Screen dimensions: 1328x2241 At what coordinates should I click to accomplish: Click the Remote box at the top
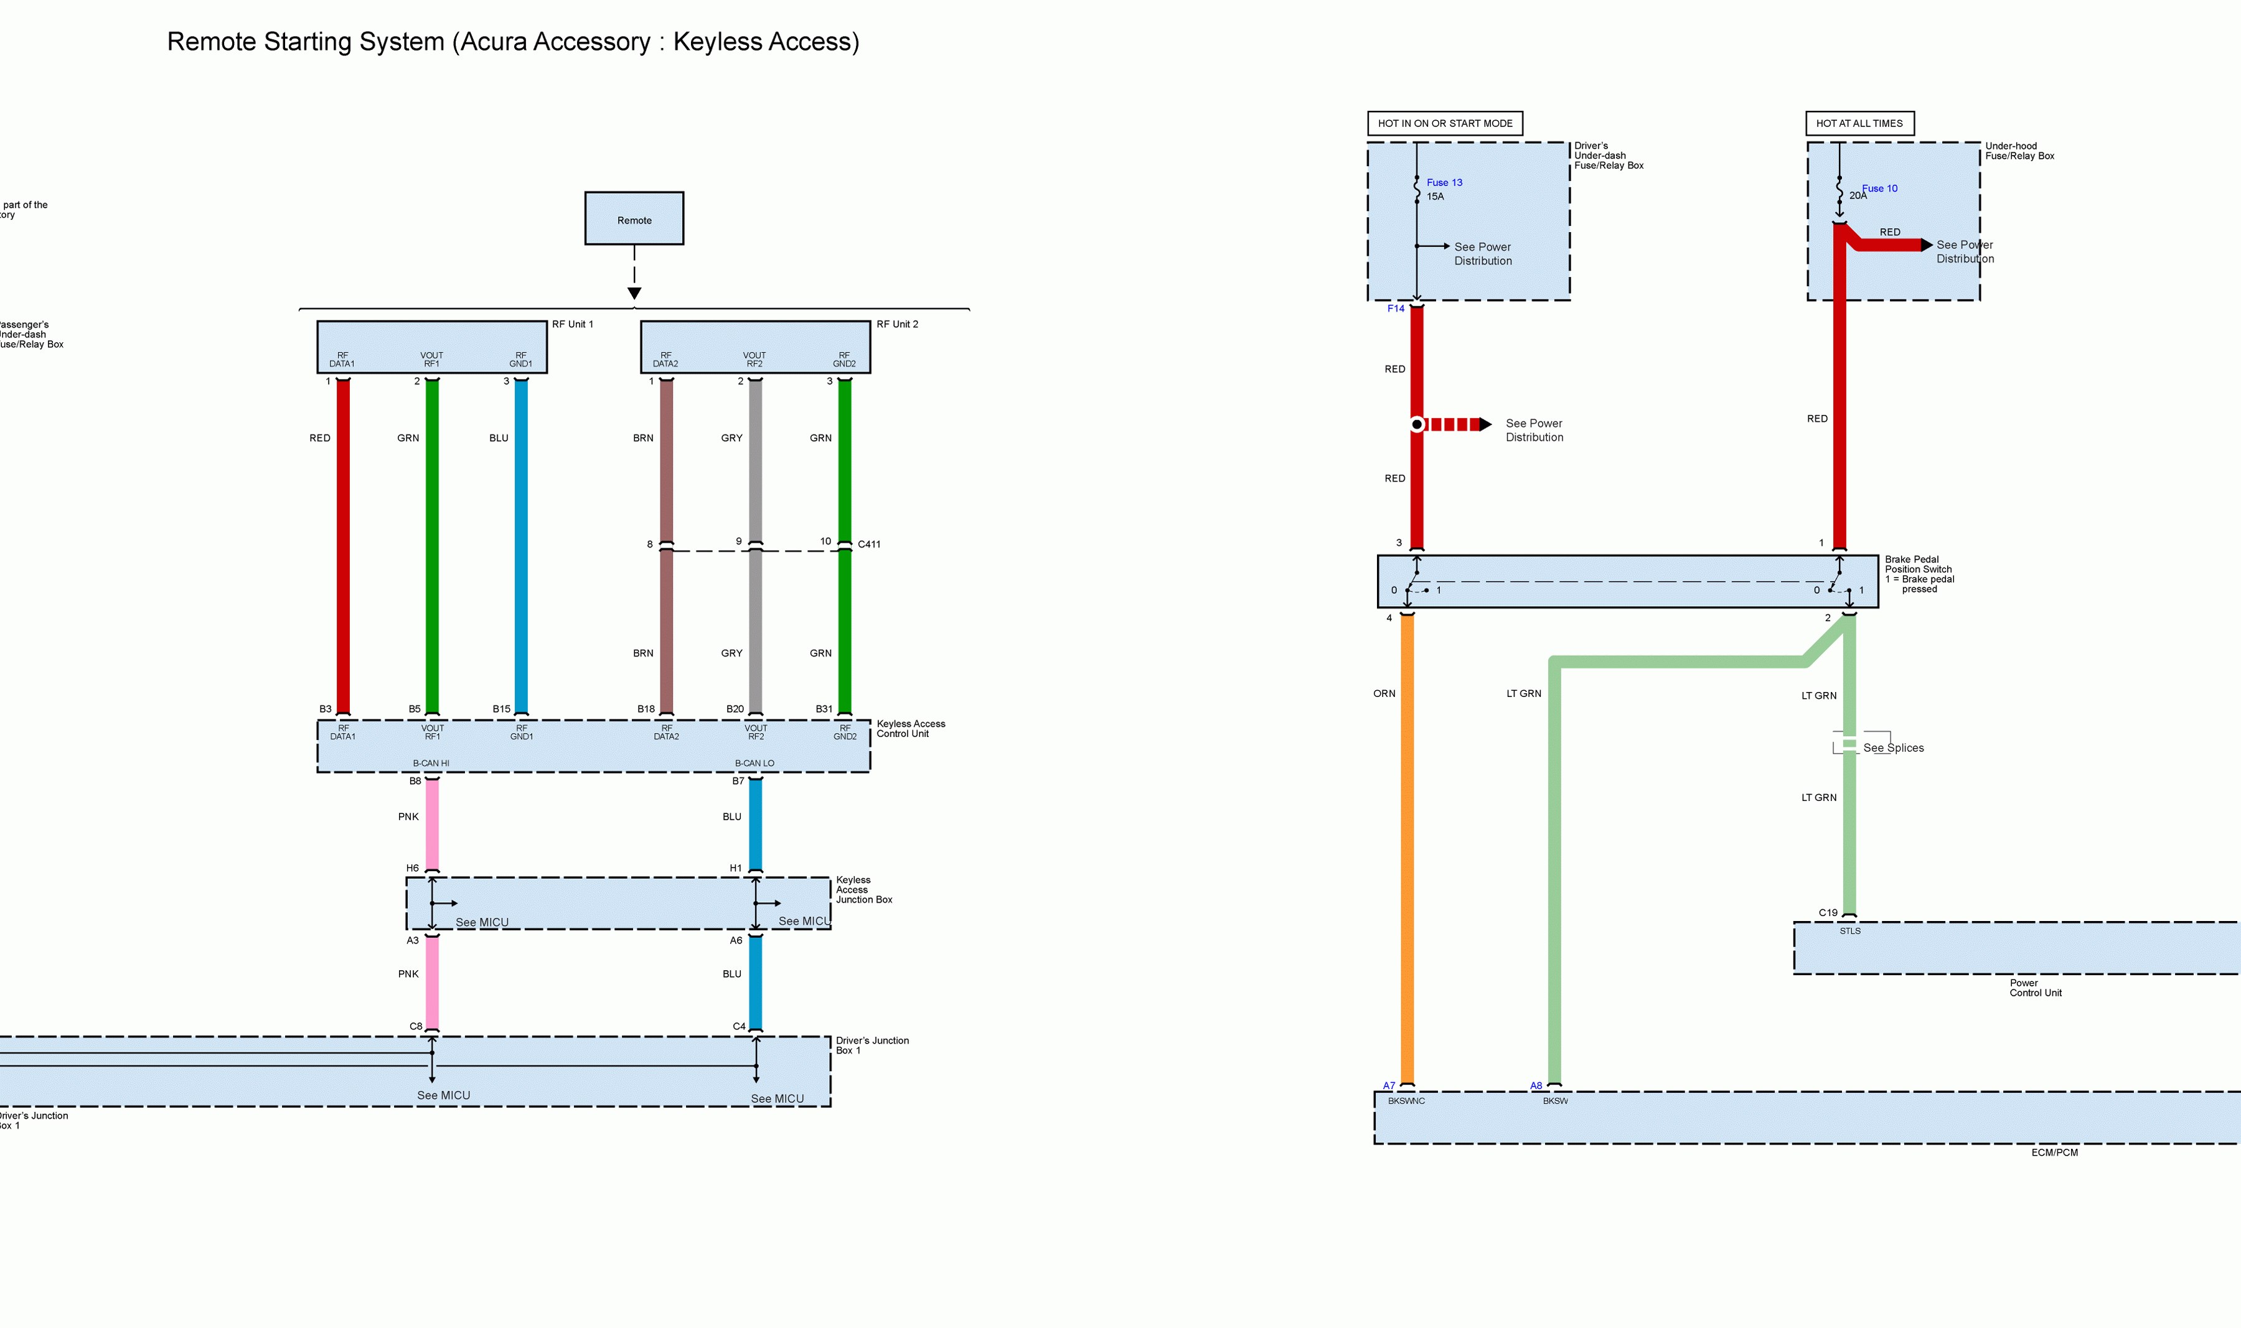[634, 218]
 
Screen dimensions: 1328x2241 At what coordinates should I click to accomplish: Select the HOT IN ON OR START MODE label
[1444, 123]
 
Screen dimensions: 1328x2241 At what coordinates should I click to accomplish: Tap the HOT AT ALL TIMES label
[1859, 123]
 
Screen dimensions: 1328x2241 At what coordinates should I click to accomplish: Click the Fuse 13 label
[1444, 182]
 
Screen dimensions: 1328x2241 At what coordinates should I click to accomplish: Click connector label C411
[869, 544]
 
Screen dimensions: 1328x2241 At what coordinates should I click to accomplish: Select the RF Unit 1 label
[573, 324]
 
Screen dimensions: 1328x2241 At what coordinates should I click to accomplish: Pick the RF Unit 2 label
[897, 324]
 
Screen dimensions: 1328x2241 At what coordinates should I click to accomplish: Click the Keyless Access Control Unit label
[910, 729]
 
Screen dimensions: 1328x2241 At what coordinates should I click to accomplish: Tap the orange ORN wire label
[1384, 693]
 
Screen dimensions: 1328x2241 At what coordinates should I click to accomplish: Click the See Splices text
[1893, 748]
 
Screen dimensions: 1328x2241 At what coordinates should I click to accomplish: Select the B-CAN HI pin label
[431, 764]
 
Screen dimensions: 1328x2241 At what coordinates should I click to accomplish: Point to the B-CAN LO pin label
[754, 764]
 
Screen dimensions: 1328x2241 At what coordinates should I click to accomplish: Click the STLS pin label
[1850, 931]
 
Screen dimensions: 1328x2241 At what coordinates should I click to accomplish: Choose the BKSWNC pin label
[1406, 1101]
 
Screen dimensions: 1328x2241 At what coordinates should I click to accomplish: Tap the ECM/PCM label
[2054, 1153]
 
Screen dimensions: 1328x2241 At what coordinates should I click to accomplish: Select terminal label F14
[1395, 309]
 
